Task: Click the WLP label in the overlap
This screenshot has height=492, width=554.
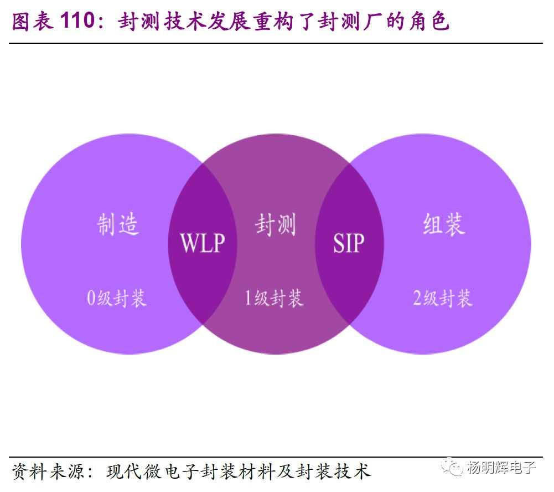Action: pyautogui.click(x=203, y=243)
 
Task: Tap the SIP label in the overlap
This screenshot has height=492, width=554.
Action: pyautogui.click(x=349, y=243)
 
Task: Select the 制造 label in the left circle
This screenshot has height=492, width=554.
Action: pyautogui.click(x=118, y=224)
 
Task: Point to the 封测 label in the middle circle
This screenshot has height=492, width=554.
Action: pyautogui.click(x=276, y=225)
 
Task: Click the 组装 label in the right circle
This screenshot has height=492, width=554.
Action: pyautogui.click(x=443, y=224)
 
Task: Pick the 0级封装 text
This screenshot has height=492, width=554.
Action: pyautogui.click(x=117, y=299)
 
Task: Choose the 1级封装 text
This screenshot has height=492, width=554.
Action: pyautogui.click(x=275, y=299)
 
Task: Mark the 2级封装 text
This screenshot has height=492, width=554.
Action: pyautogui.click(x=443, y=299)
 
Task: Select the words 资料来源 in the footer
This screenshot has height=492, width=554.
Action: pyautogui.click(x=46, y=472)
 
